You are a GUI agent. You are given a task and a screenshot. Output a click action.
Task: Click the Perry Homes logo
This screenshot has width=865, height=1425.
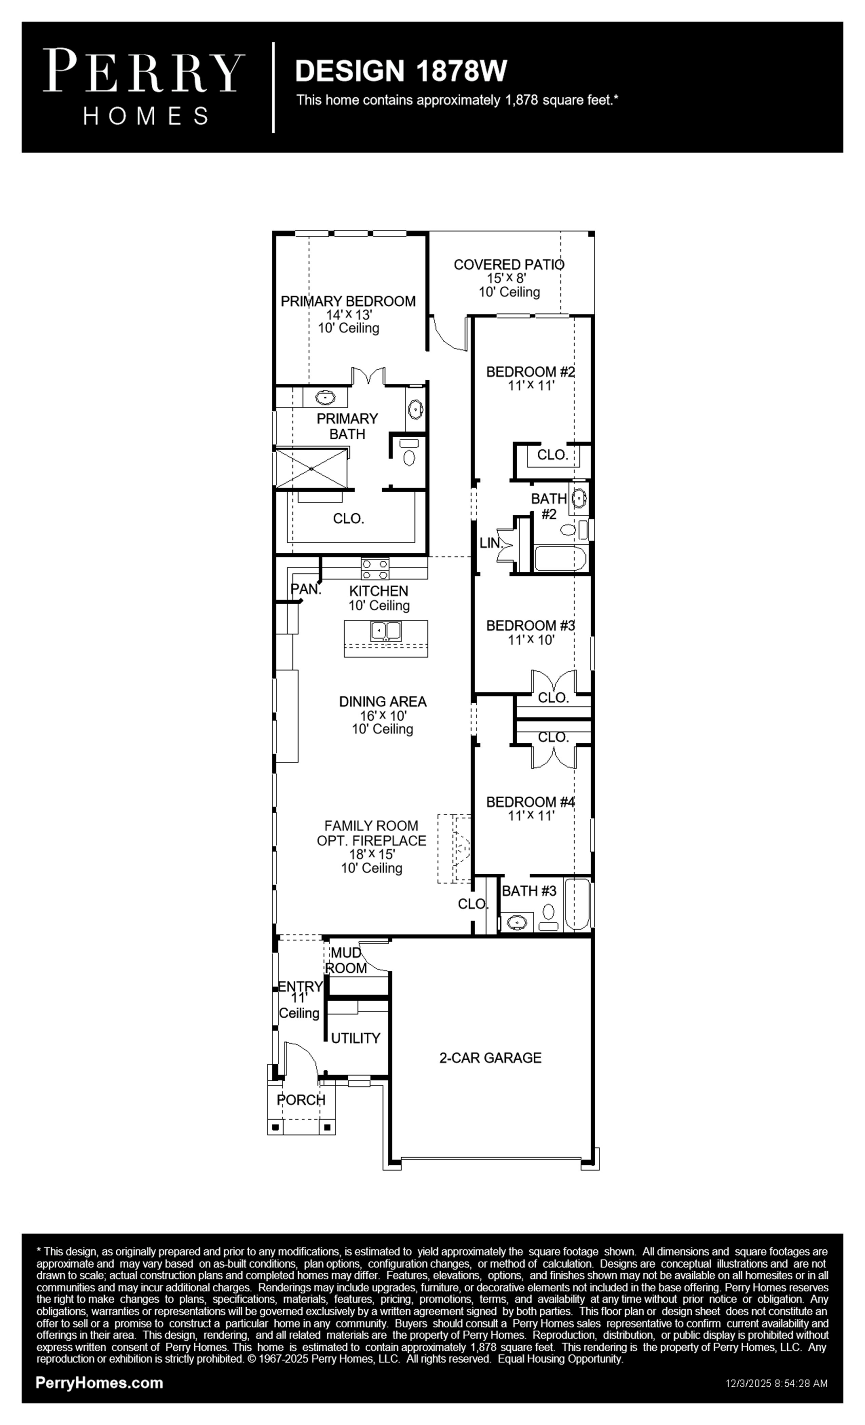[x=144, y=87]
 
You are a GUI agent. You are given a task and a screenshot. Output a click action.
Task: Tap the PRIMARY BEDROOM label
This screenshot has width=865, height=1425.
[x=348, y=301]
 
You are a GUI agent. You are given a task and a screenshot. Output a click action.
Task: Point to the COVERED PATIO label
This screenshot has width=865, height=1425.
[x=509, y=265]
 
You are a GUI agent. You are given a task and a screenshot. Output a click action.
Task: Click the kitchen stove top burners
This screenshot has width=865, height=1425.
[x=375, y=569]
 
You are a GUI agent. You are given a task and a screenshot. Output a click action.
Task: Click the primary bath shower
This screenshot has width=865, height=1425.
[x=311, y=469]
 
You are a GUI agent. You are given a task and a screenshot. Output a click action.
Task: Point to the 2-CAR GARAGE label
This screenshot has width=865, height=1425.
[x=490, y=1058]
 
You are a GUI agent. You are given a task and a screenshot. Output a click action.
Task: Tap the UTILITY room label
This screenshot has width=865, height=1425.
[x=355, y=1039]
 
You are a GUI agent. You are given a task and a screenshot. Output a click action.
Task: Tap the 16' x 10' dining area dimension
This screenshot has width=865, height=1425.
[x=383, y=716]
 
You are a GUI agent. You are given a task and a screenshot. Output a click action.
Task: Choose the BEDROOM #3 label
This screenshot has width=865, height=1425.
[x=530, y=626]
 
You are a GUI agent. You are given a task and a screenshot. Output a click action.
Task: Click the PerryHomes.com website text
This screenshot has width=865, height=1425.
[x=99, y=1383]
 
